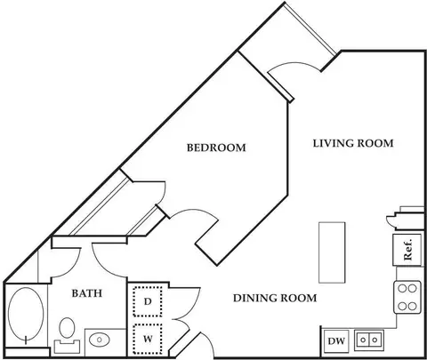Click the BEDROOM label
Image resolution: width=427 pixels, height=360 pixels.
click(x=216, y=148)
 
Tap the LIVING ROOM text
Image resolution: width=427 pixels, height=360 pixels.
click(x=353, y=143)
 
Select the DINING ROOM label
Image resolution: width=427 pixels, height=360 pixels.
click(x=275, y=298)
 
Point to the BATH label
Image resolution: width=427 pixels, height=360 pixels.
click(x=87, y=293)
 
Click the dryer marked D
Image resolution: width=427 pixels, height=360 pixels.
click(x=148, y=301)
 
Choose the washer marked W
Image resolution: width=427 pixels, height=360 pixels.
click(x=148, y=339)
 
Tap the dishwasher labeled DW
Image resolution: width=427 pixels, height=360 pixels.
click(x=336, y=340)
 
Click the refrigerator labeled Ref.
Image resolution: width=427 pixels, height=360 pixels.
click(x=407, y=250)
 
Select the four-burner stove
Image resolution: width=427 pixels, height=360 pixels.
click(x=407, y=297)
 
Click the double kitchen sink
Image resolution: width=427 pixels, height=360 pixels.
click(x=369, y=340)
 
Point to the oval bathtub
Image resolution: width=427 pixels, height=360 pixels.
click(x=26, y=315)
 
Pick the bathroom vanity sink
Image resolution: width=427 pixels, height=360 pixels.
click(x=100, y=340)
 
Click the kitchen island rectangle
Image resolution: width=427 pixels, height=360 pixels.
click(x=332, y=252)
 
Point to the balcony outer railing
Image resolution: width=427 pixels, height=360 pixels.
click(x=310, y=29)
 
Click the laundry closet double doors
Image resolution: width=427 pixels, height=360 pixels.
click(x=185, y=318)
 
